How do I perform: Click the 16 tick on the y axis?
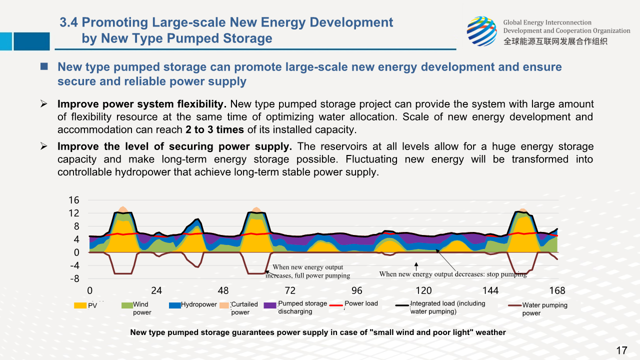click(x=73, y=200)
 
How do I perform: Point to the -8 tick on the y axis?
click(x=73, y=279)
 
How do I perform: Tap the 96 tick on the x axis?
click(x=356, y=290)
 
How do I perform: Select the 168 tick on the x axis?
click(x=557, y=290)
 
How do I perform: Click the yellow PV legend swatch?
click(x=80, y=305)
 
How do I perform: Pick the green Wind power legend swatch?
click(x=127, y=305)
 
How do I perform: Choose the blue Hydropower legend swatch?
click(x=174, y=305)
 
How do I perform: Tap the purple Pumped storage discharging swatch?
click(x=270, y=305)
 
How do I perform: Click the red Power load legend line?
click(x=337, y=304)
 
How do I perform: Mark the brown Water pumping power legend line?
click(x=514, y=305)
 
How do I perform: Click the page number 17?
click(x=621, y=350)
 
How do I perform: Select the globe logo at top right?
click(x=481, y=31)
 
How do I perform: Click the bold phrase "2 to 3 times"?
click(x=214, y=129)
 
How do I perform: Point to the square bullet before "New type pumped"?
click(x=44, y=66)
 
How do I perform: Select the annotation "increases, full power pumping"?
click(x=308, y=275)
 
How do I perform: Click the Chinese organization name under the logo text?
click(x=555, y=41)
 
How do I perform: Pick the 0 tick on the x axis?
click(x=89, y=290)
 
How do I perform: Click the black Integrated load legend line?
click(x=402, y=304)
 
